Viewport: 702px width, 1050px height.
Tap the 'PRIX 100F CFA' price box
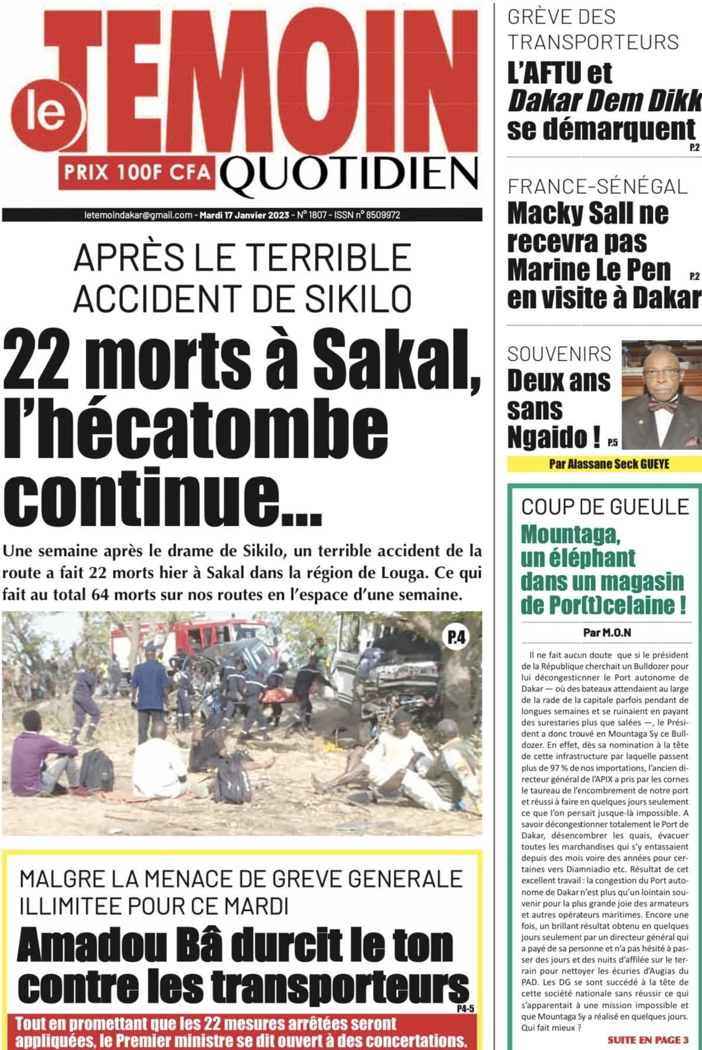(x=137, y=172)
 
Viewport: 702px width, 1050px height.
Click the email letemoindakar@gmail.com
(x=138, y=215)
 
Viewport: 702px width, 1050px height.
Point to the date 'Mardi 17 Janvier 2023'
(x=245, y=215)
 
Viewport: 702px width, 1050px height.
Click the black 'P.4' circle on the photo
(x=456, y=637)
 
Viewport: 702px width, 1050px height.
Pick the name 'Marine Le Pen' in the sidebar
(x=589, y=270)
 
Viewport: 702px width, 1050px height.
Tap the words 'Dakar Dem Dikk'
(x=603, y=101)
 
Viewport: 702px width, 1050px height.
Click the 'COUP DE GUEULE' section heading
(x=605, y=507)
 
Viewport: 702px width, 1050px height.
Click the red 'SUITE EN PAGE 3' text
(x=648, y=1040)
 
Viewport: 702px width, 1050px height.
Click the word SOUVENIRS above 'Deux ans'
(x=559, y=354)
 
